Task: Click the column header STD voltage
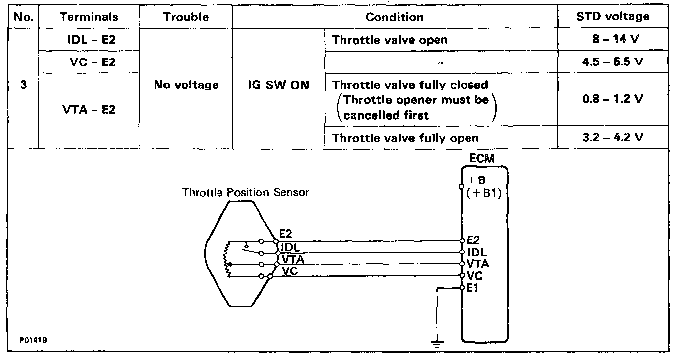coord(613,16)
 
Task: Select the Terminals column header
coord(89,17)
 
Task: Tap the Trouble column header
coord(186,17)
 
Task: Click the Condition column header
coord(394,17)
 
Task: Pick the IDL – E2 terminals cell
coord(91,40)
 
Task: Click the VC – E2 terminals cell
coord(92,63)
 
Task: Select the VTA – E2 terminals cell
coord(90,110)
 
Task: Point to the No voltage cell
coord(186,85)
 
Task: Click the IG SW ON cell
coord(279,85)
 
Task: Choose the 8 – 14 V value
coord(616,40)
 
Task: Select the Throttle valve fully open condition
coord(405,138)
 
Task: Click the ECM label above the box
coord(482,158)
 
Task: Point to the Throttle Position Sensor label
coord(245,192)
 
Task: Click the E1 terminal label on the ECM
coord(473,288)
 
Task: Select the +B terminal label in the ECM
coord(476,180)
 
